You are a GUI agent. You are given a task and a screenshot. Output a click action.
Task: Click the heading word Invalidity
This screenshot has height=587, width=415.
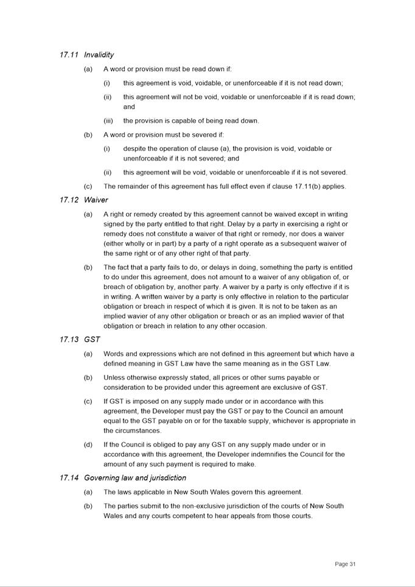99,55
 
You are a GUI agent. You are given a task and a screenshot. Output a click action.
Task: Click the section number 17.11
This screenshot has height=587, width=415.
69,55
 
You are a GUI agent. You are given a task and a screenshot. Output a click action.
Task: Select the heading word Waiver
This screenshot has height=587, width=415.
96,200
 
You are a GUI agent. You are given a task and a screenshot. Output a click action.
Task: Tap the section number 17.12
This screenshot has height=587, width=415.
69,200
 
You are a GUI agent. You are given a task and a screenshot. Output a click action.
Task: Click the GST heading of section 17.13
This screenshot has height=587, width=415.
92,339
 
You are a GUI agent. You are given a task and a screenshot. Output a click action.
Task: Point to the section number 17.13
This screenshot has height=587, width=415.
69,339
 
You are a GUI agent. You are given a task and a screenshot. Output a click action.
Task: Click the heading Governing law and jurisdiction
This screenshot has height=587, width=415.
135,478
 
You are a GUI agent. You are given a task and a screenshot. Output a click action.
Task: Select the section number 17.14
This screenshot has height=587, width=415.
69,478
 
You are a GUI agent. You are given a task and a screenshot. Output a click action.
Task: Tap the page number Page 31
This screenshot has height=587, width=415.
345,564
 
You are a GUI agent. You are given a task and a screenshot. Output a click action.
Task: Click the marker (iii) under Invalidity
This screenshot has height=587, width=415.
108,120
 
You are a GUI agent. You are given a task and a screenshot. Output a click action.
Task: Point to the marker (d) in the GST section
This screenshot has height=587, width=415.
88,445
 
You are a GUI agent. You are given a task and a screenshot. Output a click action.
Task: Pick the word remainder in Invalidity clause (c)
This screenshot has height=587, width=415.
135,186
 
